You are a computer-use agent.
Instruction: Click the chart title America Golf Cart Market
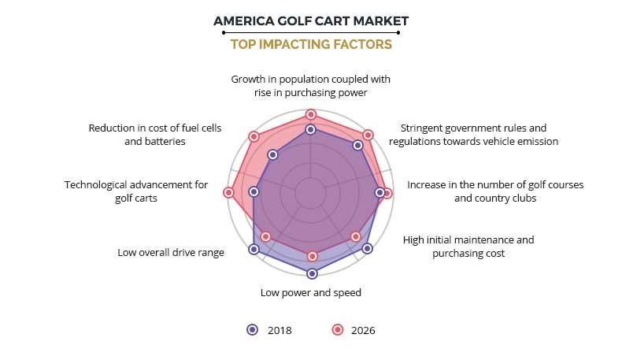311,20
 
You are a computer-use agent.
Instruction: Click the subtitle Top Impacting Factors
311,45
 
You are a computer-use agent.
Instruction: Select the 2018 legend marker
252,330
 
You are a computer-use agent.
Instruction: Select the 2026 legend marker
337,330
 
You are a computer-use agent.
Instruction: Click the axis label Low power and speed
311,293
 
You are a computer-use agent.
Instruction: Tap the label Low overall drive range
171,253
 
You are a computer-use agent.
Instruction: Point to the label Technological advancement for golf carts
136,191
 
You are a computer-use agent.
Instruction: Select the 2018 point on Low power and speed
312,273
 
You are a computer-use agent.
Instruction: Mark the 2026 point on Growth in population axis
311,114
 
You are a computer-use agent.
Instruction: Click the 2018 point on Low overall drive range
254,249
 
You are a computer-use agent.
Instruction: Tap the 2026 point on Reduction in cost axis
254,136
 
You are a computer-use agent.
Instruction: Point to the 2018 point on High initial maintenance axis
367,248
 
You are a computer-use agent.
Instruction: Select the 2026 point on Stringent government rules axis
368,135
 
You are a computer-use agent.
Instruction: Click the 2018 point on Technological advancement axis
254,191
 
